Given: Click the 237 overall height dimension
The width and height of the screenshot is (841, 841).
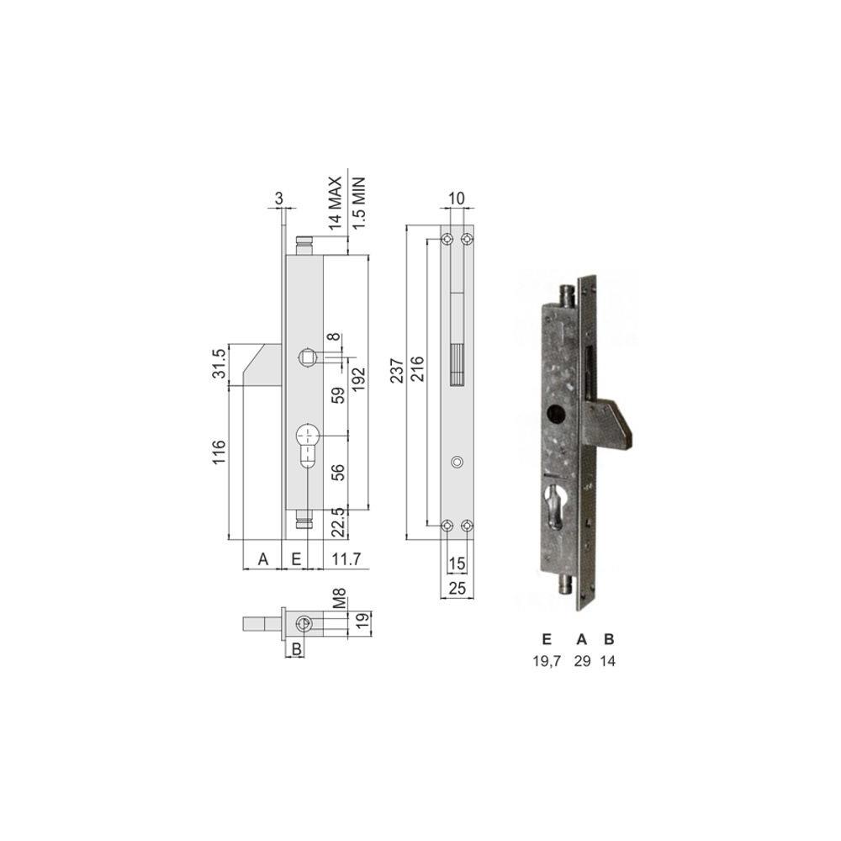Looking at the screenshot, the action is click(x=398, y=370).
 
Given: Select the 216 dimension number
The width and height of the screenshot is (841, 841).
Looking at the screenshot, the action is click(x=417, y=368).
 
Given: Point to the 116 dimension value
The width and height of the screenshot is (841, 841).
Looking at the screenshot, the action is click(x=219, y=452).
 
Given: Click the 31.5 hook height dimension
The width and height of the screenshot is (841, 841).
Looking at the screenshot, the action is click(x=220, y=362).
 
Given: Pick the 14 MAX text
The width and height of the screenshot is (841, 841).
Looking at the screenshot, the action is click(x=335, y=203).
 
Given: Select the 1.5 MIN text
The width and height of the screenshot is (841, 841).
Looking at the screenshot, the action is click(x=357, y=204).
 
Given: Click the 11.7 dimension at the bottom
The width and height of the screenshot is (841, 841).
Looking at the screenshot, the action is click(x=346, y=559).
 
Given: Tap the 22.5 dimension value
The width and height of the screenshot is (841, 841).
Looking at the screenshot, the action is click(x=338, y=522).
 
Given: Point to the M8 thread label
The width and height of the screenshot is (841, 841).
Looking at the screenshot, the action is click(x=340, y=599).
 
